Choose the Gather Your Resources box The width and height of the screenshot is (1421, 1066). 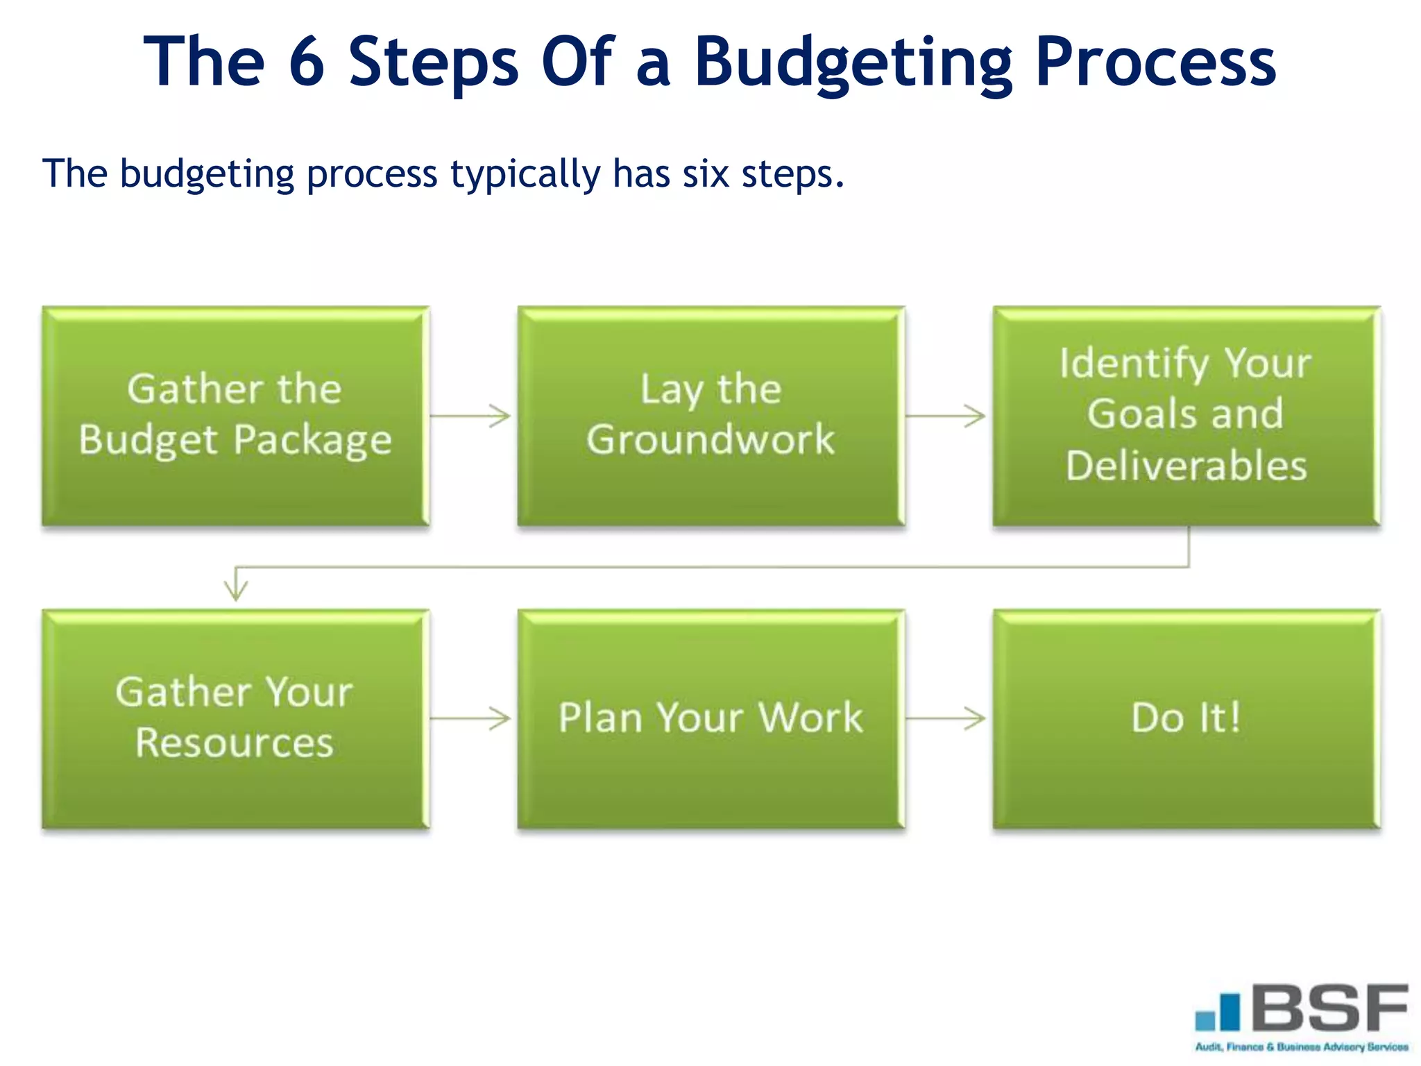click(235, 718)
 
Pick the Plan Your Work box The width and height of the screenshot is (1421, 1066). click(710, 718)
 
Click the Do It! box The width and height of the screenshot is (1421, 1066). click(1186, 718)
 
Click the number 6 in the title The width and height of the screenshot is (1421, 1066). click(306, 62)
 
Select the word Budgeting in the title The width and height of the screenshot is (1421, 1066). click(853, 62)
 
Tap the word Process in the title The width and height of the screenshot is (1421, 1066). click(1155, 62)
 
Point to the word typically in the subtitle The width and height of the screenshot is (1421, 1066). click(525, 174)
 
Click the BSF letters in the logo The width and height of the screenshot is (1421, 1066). click(1330, 1007)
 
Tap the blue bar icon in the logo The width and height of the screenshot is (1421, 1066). click(1218, 1013)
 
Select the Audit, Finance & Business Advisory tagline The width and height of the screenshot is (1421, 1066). click(1301, 1047)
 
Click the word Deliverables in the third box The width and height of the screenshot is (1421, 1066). click(1186, 465)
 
